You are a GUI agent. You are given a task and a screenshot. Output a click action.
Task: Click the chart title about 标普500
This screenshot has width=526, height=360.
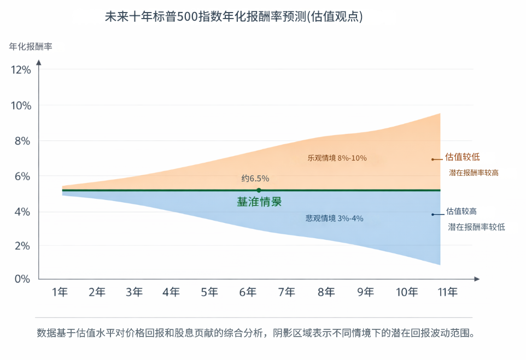234,17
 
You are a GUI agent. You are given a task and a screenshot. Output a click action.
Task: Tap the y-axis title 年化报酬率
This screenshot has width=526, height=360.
31,47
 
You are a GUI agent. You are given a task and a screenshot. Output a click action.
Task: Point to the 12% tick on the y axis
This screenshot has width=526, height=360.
21,70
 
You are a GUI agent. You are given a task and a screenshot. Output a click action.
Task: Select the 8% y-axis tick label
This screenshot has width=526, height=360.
21,141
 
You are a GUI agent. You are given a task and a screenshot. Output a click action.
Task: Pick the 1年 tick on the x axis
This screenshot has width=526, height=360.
60,292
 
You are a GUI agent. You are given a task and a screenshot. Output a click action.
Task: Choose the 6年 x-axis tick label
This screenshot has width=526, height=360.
248,292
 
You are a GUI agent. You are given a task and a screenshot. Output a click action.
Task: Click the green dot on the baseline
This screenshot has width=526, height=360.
259,190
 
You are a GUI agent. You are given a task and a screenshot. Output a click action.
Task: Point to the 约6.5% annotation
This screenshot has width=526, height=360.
255,179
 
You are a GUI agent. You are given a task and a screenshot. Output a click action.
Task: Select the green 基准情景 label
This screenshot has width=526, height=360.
259,202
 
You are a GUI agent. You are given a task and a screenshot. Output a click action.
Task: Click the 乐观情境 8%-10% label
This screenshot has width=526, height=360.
337,158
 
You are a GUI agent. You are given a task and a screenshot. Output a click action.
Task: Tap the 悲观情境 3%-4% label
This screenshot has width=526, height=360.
335,219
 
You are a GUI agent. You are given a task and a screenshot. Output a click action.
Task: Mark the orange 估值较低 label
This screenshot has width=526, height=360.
463,157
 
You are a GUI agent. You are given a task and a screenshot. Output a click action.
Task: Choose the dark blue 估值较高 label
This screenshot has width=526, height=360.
461,211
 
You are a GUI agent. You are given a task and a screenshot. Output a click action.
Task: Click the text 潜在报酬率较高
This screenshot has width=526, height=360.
474,173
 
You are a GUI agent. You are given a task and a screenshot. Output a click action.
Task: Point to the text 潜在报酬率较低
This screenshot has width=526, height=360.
476,227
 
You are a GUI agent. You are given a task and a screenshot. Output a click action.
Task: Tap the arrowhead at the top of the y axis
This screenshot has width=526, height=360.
39,61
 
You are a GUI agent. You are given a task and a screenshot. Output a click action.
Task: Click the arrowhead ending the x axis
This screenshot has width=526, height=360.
477,279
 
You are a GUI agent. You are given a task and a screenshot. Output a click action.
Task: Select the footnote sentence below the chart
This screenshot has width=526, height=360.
255,332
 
